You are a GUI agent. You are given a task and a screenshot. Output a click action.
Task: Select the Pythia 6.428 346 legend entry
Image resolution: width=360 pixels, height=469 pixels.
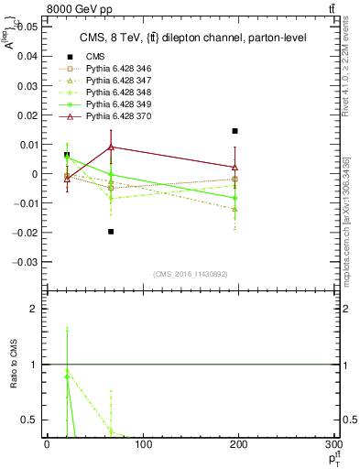(115, 69)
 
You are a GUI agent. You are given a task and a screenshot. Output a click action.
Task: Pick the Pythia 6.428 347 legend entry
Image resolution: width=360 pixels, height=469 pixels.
(115, 82)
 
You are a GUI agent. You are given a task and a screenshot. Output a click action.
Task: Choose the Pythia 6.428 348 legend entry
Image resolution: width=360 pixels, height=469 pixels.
(115, 93)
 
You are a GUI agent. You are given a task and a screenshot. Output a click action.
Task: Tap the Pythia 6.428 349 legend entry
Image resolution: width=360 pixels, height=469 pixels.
(115, 105)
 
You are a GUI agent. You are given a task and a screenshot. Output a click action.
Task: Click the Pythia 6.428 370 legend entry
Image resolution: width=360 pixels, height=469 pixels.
(115, 117)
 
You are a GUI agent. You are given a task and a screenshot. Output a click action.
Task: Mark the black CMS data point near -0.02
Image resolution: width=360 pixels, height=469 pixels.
(111, 232)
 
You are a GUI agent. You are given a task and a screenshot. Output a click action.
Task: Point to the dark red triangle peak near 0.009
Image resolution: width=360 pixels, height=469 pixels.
(111, 147)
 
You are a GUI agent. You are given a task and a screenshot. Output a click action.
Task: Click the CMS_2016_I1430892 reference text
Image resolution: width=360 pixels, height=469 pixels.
(191, 274)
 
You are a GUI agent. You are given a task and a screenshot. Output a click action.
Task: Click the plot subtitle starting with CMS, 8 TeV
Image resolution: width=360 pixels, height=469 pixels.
(190, 36)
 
